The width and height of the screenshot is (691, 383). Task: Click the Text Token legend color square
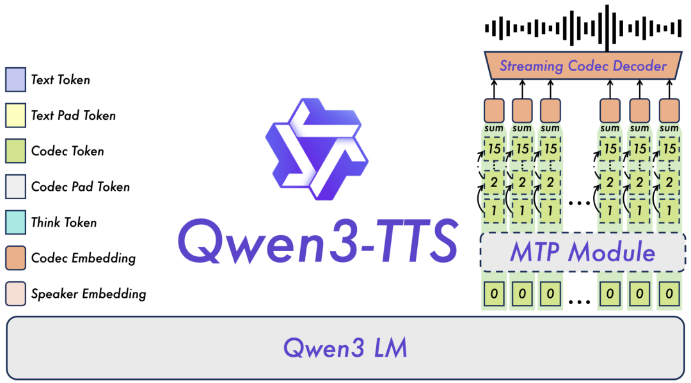pyautogui.click(x=15, y=80)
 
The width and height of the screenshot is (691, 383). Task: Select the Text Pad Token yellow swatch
pyautogui.click(x=15, y=116)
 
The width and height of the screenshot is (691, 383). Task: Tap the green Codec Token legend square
pyautogui.click(x=15, y=152)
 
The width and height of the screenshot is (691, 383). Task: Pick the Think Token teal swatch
pyautogui.click(x=15, y=223)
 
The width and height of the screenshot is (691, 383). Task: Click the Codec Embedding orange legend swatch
pyautogui.click(x=15, y=259)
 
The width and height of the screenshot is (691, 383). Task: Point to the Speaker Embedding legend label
pyautogui.click(x=88, y=295)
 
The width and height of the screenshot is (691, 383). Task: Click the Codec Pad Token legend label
pyautogui.click(x=80, y=187)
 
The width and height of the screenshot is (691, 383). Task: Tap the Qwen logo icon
pyautogui.click(x=316, y=149)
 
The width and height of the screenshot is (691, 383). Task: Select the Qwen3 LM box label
pyautogui.click(x=345, y=348)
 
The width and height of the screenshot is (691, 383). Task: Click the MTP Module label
pyautogui.click(x=582, y=252)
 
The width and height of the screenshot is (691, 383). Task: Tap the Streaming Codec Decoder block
pyautogui.click(x=582, y=66)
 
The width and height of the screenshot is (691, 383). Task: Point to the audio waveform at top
pyautogui.click(x=582, y=28)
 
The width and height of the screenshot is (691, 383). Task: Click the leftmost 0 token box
pyautogui.click(x=493, y=294)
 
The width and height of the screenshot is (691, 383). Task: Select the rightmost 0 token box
pyautogui.click(x=669, y=294)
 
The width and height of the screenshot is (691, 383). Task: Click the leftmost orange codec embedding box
pyautogui.click(x=493, y=110)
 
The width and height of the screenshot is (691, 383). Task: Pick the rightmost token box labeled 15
pyautogui.click(x=669, y=149)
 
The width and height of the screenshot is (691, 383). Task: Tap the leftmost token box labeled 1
pyautogui.click(x=493, y=209)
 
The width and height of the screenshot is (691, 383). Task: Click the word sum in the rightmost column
pyautogui.click(x=669, y=129)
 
